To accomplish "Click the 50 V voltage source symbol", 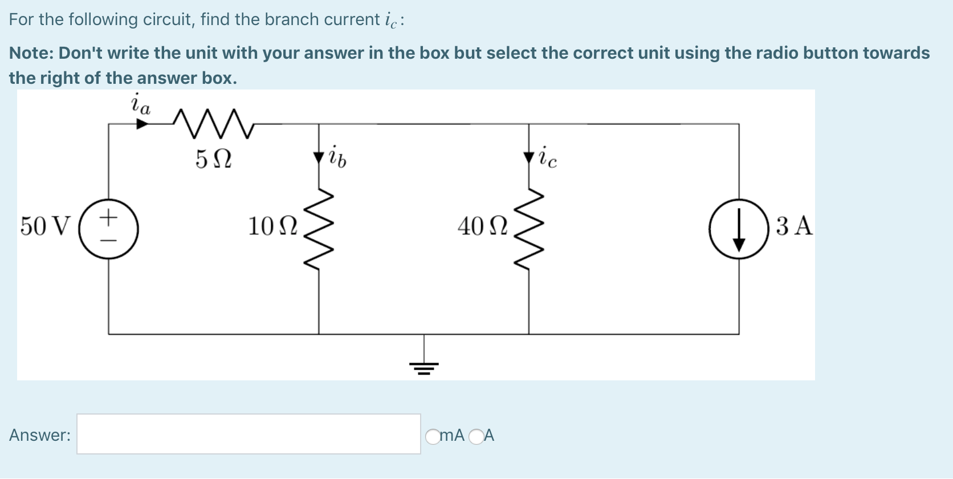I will coord(108,229).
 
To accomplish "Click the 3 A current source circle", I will coord(739,229).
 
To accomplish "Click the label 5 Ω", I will coord(213,159).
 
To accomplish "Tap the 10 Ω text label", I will coord(272,226).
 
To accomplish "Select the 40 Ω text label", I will coord(482,226).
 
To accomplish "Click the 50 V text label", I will coord(46,226).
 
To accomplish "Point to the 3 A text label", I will coord(794,226).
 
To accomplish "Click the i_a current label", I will coord(140,104).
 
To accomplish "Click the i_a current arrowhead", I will coord(142,124).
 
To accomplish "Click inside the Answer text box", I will coord(249,435).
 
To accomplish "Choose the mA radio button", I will coord(433,437).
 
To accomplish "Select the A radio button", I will coord(476,437).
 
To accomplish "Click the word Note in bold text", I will coord(30,53).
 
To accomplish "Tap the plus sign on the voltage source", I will coord(108,217).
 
